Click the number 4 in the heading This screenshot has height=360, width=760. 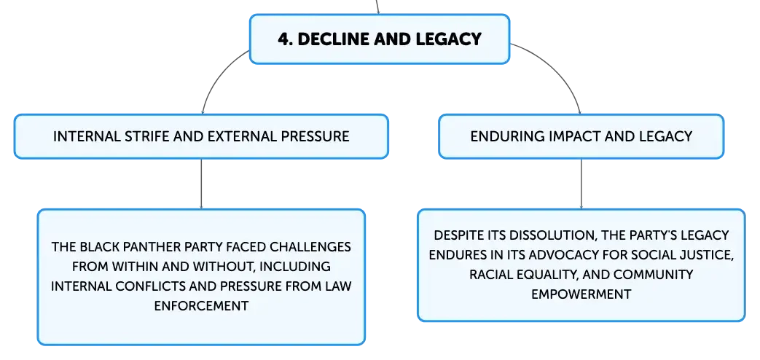(x=283, y=39)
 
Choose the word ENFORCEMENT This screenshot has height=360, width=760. (x=201, y=306)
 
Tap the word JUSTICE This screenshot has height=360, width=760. (x=711, y=255)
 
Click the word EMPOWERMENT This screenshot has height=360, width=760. (x=581, y=294)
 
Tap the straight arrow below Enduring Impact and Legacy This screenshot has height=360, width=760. (x=581, y=184)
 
